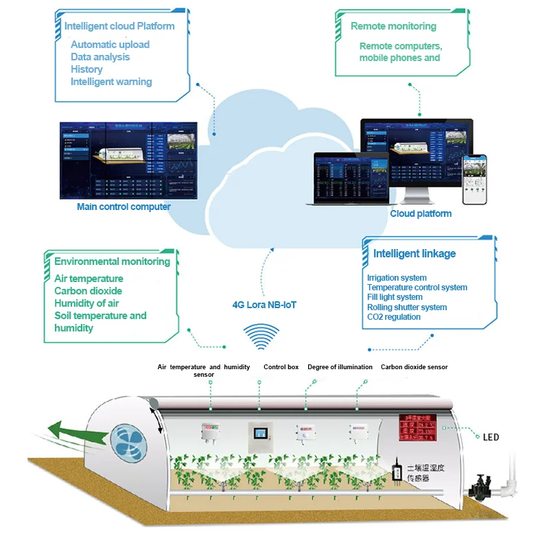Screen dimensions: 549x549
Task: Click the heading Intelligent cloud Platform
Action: (119, 27)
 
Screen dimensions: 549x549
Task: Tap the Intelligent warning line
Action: (111, 82)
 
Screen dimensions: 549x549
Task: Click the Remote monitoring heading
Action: (393, 26)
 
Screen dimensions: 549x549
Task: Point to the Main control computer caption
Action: (124, 207)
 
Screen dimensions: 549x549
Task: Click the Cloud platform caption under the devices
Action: (421, 213)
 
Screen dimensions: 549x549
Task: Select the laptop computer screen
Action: (351, 175)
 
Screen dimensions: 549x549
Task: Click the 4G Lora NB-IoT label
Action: (264, 305)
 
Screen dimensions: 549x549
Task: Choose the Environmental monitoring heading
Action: (112, 261)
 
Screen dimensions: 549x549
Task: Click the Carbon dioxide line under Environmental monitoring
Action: (89, 291)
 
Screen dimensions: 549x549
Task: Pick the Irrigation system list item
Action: (397, 278)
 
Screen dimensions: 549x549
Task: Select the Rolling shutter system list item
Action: (407, 307)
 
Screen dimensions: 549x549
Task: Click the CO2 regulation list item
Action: (394, 317)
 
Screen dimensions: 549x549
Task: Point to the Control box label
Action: (281, 367)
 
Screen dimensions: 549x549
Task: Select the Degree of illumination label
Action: (340, 367)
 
